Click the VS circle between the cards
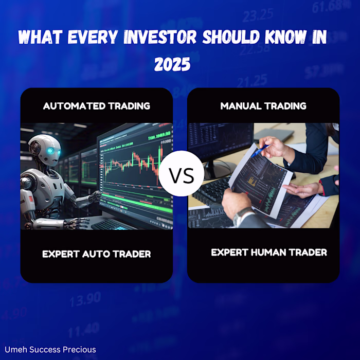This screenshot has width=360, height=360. click(180, 176)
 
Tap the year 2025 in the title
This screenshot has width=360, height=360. click(173, 65)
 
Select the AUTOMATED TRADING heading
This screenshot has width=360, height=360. click(97, 106)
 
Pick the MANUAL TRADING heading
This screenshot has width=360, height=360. click(263, 106)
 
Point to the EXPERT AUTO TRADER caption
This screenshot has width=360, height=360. click(97, 254)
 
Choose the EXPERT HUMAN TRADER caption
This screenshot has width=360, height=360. click(269, 253)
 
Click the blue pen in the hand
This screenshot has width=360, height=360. click(261, 150)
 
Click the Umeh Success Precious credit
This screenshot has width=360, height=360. click(49, 350)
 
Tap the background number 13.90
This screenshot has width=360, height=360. click(85, 299)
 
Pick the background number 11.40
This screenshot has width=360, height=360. click(83, 327)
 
